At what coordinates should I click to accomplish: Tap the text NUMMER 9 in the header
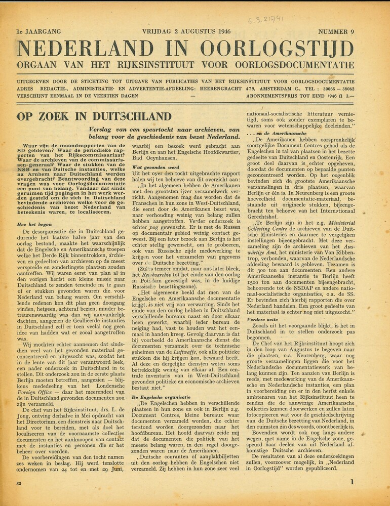336,32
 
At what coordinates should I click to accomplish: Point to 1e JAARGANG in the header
39,32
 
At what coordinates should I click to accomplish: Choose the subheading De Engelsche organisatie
161,397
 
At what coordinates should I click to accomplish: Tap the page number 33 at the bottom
19,484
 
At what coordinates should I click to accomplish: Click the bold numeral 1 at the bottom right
352,482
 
